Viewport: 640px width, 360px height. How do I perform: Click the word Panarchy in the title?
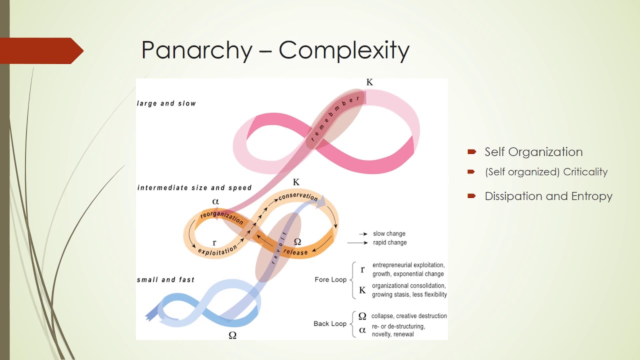pyautogui.click(x=196, y=51)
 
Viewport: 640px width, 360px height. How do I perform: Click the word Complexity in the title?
pyautogui.click(x=344, y=50)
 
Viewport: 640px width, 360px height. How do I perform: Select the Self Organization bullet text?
pyautogui.click(x=533, y=152)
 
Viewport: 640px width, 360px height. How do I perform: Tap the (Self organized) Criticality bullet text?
pyautogui.click(x=546, y=172)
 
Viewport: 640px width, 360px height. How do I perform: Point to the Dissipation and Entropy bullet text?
pyautogui.click(x=548, y=196)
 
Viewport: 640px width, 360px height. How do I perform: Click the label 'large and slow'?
pyautogui.click(x=166, y=103)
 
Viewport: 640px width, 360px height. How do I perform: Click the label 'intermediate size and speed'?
pyautogui.click(x=194, y=188)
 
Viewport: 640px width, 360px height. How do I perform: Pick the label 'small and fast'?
pyautogui.click(x=165, y=279)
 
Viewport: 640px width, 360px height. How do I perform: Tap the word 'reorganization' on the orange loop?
pyautogui.click(x=221, y=218)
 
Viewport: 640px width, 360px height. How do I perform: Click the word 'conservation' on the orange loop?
pyautogui.click(x=298, y=196)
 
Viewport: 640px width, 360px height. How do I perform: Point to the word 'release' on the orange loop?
pyautogui.click(x=295, y=252)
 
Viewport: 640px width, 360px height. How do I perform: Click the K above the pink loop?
pyautogui.click(x=369, y=82)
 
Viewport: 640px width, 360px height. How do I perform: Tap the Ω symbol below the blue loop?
pyautogui.click(x=232, y=335)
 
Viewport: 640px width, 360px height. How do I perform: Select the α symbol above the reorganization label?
pyautogui.click(x=215, y=201)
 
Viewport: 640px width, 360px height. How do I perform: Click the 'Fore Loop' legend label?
pyautogui.click(x=330, y=279)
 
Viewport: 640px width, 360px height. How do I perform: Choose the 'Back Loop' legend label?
pyautogui.click(x=330, y=323)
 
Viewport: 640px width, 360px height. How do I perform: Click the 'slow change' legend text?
pyautogui.click(x=389, y=233)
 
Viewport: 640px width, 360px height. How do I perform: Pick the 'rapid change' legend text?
pyautogui.click(x=390, y=242)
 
